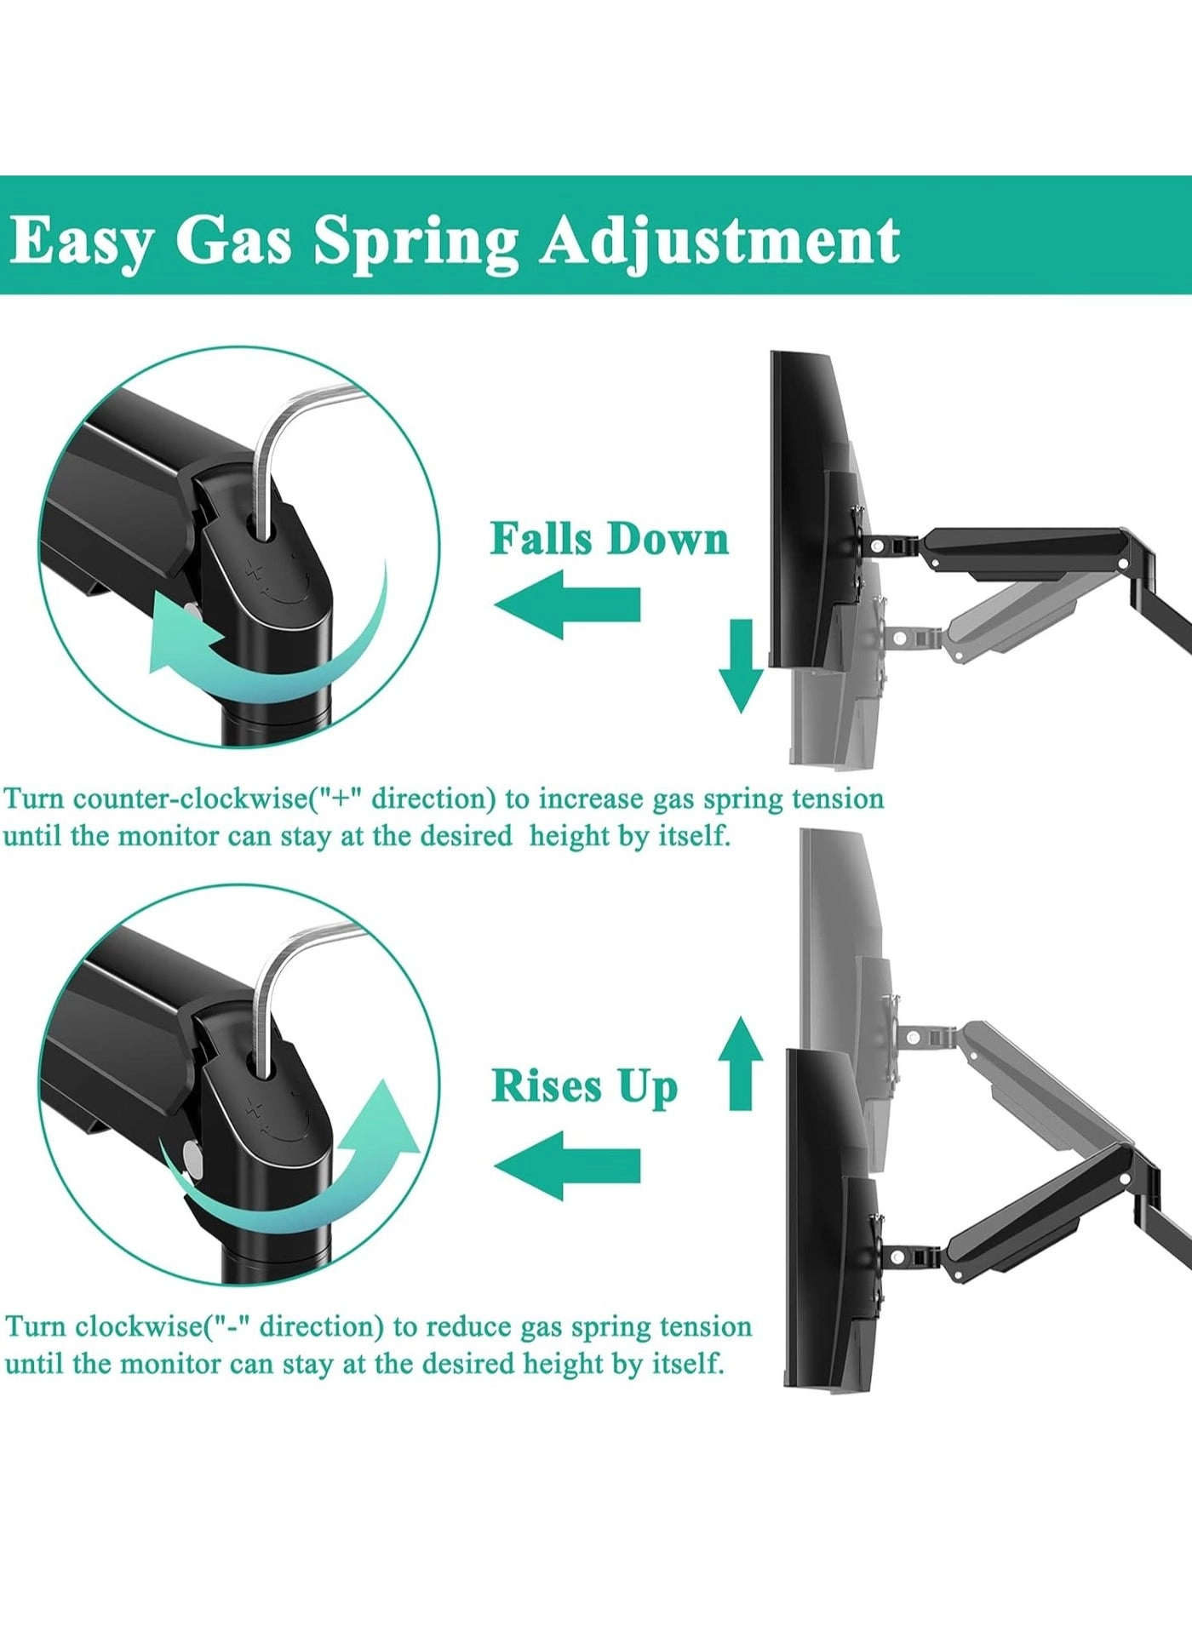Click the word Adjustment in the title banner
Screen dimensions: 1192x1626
click(719, 242)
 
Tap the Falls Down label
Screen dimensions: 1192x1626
click(610, 539)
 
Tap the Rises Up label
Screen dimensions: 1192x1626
click(585, 1086)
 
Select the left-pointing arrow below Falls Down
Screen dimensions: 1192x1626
click(567, 604)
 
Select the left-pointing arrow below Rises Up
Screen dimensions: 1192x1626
click(567, 1165)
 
